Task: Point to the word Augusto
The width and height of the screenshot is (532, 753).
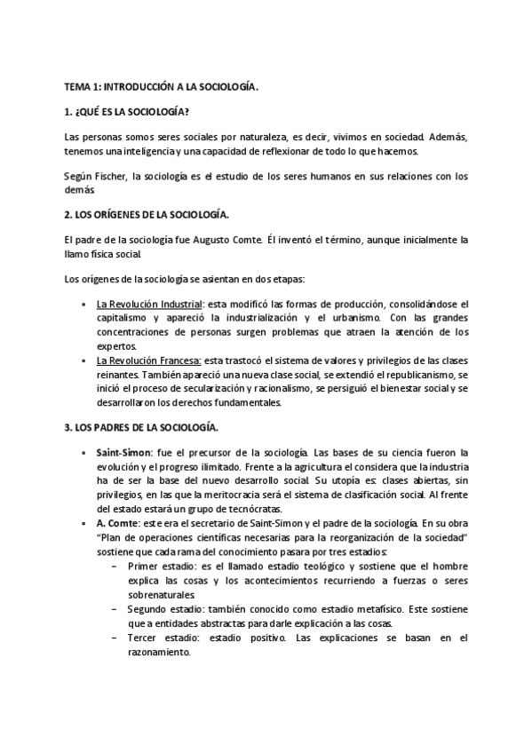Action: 217,241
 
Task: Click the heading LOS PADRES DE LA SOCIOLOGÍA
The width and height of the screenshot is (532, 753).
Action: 145,427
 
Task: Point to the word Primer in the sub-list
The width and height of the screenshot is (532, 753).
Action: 144,567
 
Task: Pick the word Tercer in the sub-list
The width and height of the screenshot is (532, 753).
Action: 144,637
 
